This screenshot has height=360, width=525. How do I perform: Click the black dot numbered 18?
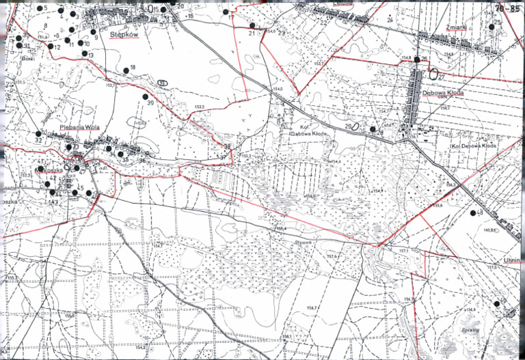coord(126,70)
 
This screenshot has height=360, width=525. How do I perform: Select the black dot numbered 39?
coord(146,96)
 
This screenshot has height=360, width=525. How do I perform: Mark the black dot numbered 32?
coord(38,133)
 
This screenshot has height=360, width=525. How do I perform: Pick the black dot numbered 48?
coord(472,213)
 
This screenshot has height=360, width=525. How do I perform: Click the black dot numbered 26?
coord(416,60)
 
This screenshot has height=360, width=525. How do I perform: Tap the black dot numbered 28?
coord(373,128)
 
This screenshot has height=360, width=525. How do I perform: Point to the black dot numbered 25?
coord(492,27)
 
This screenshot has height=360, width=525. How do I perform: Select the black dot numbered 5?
coord(39,8)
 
